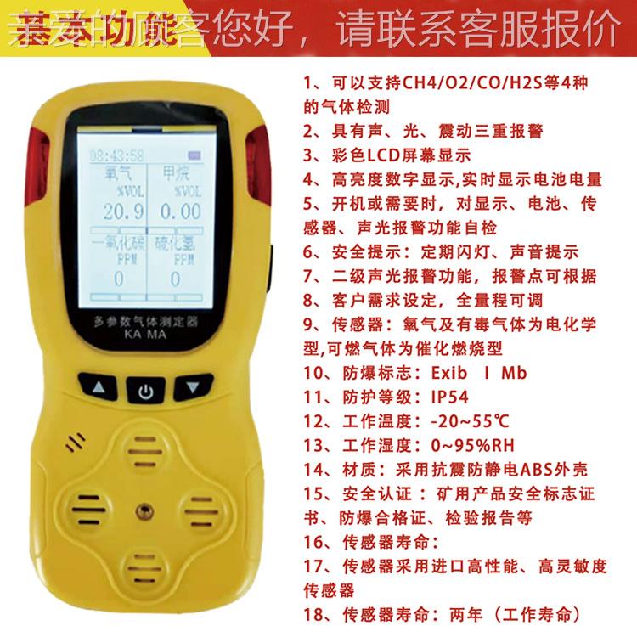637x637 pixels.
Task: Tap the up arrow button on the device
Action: tap(99, 390)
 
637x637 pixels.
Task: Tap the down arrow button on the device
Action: tap(193, 390)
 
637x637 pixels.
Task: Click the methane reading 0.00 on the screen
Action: tap(180, 211)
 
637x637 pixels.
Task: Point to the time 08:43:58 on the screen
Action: tap(117, 156)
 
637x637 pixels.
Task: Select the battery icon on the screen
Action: tap(197, 155)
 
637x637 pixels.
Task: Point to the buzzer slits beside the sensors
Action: tap(76, 442)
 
